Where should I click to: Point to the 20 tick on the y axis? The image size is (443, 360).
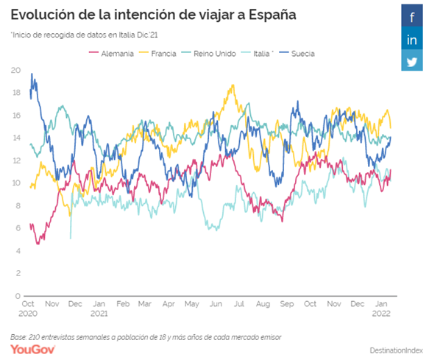16,70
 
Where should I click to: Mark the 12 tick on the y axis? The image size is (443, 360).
16,160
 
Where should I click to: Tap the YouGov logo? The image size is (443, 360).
30,347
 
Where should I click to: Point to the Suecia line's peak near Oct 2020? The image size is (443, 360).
32,74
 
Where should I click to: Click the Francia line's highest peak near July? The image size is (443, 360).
233,85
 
